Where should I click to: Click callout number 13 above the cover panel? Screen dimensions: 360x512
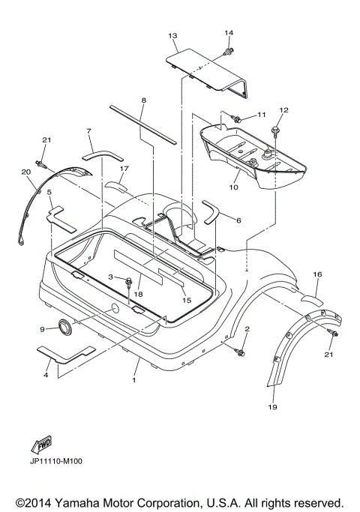172,35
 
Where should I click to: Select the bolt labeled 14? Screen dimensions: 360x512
228,51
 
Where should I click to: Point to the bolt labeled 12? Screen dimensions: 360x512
275,128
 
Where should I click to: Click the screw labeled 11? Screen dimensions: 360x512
236,119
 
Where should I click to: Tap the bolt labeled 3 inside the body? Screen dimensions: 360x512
128,282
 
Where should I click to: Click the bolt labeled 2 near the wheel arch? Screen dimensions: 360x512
240,352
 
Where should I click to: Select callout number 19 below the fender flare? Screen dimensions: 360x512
272,407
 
